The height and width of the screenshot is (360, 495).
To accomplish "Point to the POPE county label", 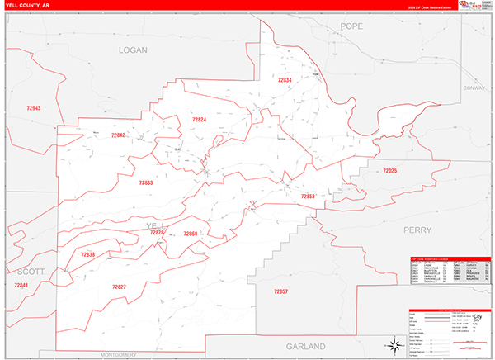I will click(352, 27).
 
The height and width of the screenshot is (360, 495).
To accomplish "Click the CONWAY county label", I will click(475, 88).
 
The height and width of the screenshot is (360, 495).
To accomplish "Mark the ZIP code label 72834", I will click(285, 80).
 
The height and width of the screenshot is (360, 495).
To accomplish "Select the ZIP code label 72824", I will click(198, 120).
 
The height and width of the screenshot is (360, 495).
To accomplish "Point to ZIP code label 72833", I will click(146, 182).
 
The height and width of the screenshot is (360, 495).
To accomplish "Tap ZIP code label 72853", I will click(308, 197).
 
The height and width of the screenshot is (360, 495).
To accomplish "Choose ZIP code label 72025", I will click(389, 171).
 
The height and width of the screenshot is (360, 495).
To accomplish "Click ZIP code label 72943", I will click(33, 108).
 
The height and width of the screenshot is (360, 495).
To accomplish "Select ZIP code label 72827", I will click(119, 286).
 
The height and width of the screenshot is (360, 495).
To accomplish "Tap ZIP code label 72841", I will click(21, 285).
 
